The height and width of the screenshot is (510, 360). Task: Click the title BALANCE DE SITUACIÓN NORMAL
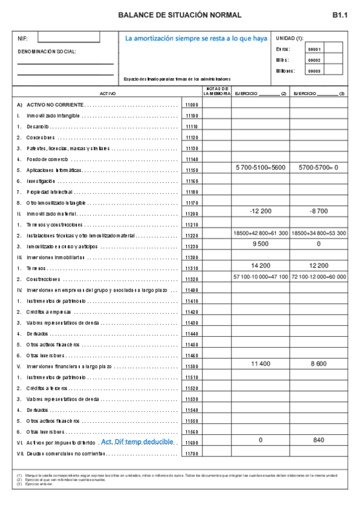pos(180,15)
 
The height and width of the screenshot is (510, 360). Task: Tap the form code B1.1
pos(340,15)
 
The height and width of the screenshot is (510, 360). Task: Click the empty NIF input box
pos(68,37)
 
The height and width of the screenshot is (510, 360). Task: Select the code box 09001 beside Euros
pos(314,49)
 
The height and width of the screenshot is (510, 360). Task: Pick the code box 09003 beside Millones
pos(314,71)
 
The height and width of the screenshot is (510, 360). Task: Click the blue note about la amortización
pos(196,38)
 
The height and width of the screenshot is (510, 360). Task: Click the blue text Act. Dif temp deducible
pos(138,441)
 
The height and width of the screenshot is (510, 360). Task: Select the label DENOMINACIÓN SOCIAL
pos(47,51)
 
